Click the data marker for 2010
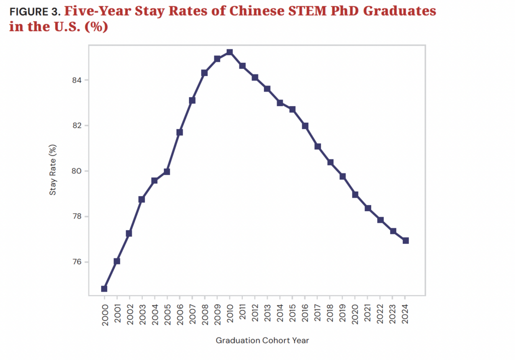click(x=229, y=52)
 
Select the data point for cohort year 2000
click(x=104, y=289)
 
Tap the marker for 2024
click(x=405, y=240)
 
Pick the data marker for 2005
click(x=167, y=171)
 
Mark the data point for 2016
click(x=305, y=126)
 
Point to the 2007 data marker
click(x=192, y=100)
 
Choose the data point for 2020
click(x=355, y=194)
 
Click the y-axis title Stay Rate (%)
click(x=53, y=171)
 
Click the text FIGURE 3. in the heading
click(x=34, y=11)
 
